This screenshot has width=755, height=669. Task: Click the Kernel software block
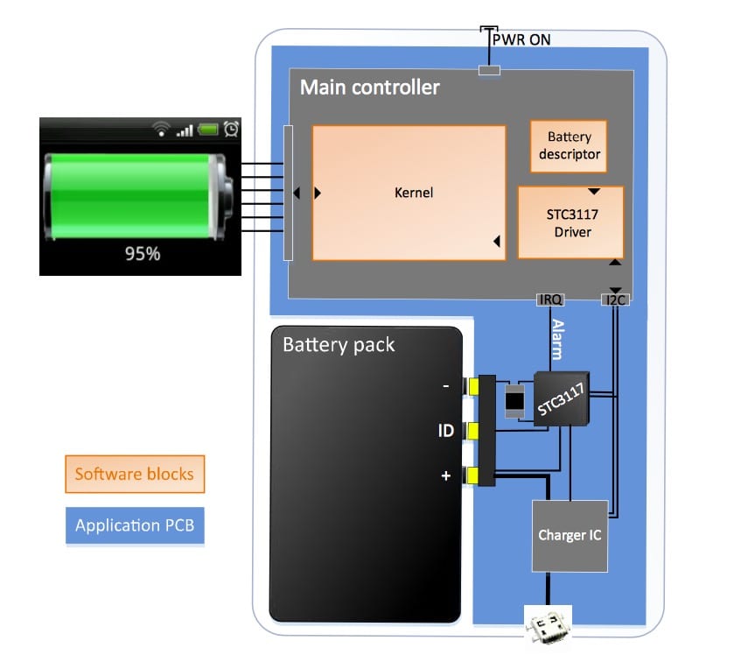pos(409,193)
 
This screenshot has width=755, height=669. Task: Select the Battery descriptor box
pos(570,145)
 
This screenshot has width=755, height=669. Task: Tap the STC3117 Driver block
pos(570,222)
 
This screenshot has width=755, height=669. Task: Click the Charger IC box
pos(570,535)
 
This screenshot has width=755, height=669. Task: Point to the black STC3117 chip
pos(560,399)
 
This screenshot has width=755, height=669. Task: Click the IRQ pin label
pos(549,300)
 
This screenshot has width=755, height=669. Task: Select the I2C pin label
pos(615,300)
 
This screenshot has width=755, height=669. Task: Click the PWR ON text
pos(521,39)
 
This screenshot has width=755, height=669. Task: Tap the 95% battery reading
pos(143,254)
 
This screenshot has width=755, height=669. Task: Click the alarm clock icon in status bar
pos(231,129)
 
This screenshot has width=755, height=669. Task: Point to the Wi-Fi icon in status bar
pos(160,130)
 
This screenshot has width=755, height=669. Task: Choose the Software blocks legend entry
pos(134,475)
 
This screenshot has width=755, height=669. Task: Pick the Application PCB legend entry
pos(134,525)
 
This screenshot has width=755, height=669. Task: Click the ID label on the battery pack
pos(445,431)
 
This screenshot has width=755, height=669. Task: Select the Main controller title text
pos(369,88)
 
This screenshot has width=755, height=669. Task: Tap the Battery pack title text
pos(339,344)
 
